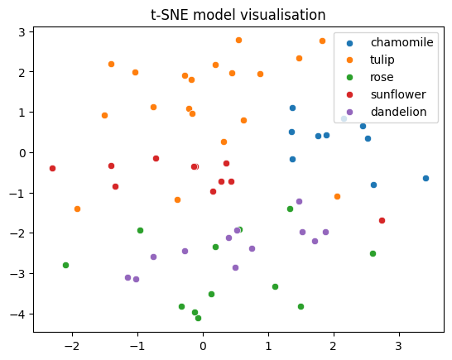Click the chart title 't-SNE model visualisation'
(238, 15)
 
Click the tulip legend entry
(370, 60)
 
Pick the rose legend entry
(370, 77)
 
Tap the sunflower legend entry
(387, 94)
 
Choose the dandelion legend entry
(387, 112)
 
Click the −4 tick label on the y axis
(18, 314)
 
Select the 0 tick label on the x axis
(203, 346)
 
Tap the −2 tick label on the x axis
(72, 346)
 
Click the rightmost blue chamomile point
(426, 179)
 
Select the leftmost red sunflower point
(52, 168)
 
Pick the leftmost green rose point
(65, 265)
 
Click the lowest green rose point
(199, 318)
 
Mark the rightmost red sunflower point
(382, 220)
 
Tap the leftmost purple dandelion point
(128, 277)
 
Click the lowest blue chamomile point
(373, 185)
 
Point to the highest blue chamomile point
(292, 108)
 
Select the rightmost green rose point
(373, 253)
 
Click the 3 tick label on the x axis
(399, 346)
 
